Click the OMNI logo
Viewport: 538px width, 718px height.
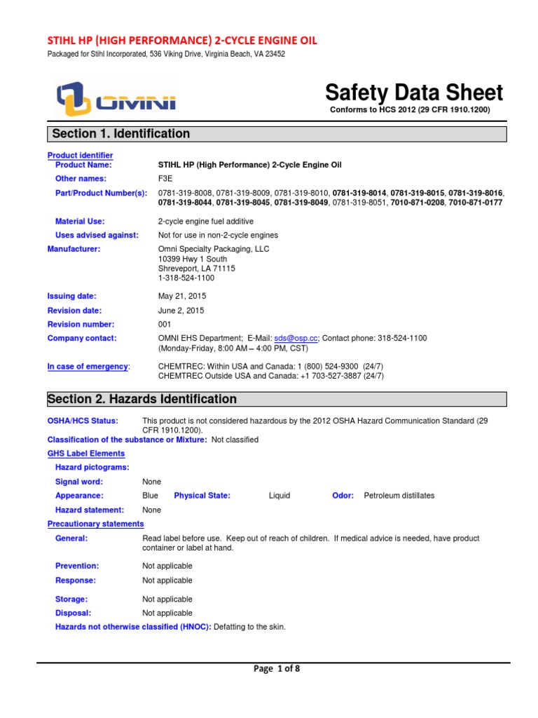[x=116, y=99]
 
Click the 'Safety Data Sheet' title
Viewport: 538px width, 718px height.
[x=413, y=93]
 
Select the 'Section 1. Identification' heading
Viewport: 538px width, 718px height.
[x=119, y=133]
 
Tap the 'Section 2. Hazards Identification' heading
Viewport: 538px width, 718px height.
[x=142, y=399]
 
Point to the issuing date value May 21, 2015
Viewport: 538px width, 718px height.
[x=182, y=296]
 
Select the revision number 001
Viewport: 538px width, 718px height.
[x=165, y=324]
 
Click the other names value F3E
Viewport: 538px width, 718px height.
[x=165, y=179]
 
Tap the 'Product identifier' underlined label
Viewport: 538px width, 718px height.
[x=80, y=155]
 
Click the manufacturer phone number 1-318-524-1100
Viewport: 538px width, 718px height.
[x=187, y=278]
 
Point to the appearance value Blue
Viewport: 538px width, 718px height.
[x=150, y=495]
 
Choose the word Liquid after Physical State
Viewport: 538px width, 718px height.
[x=280, y=495]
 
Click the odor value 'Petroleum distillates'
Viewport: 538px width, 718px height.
[x=399, y=495]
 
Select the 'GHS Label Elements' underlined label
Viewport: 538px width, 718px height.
[x=85, y=454]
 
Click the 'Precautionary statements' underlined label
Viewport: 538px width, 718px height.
[x=95, y=524]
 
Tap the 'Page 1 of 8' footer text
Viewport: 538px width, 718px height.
[x=277, y=669]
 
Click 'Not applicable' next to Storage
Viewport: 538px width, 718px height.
[x=167, y=600]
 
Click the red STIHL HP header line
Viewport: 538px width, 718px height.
[x=181, y=41]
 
